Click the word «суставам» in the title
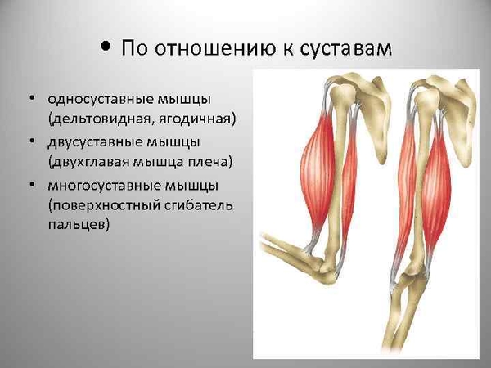pos(345,49)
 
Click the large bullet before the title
pos(106,47)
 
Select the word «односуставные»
pos(100,99)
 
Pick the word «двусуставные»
pos(95,142)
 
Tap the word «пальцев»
pos(79,225)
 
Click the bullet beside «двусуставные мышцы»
pos(32,141)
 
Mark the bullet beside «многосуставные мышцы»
pos(32,184)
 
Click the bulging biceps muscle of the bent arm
pos(317,171)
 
